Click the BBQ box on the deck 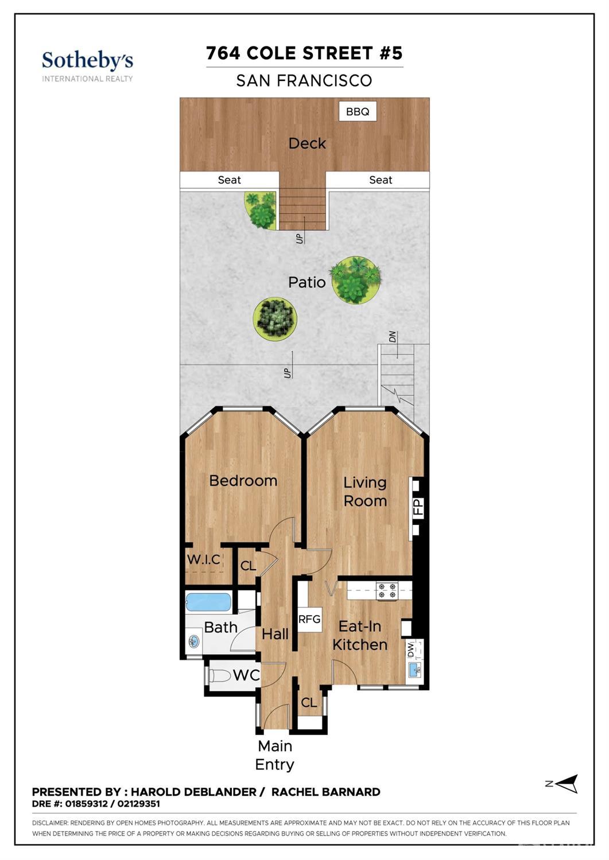coord(358,111)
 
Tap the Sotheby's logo coord(88,67)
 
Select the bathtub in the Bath coord(208,602)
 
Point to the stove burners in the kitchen coord(387,590)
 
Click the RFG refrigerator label coord(309,618)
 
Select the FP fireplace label coord(418,507)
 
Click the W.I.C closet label coord(204,559)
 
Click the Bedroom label coord(243,481)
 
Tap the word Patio coord(307,282)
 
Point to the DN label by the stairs coord(392,337)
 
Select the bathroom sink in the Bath coord(194,641)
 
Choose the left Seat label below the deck coord(229,180)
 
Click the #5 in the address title coord(391,53)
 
